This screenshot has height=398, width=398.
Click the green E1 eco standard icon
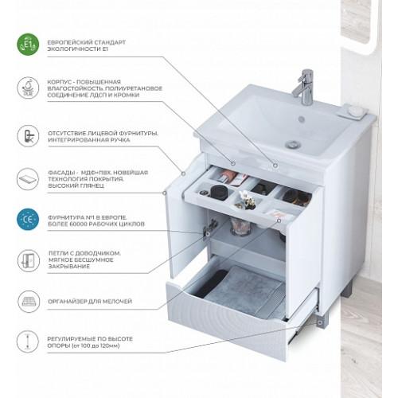28,45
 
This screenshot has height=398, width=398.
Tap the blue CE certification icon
28,220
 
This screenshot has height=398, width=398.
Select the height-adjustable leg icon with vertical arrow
28,341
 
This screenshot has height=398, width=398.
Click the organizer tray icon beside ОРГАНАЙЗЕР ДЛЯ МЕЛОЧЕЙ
29,302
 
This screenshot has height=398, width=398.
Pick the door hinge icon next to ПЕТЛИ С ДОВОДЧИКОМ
29,260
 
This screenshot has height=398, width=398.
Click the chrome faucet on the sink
304,87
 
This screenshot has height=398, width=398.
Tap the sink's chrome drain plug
293,145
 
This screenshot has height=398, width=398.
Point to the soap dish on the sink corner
353,111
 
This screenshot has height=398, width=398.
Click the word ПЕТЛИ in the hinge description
57,253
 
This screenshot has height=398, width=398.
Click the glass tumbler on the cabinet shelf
240,226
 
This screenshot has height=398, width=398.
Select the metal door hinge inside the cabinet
209,229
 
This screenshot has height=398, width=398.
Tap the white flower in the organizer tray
244,197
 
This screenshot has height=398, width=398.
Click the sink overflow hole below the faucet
302,119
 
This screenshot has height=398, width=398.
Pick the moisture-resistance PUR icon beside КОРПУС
28,88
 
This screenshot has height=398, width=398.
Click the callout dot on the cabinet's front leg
320,322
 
